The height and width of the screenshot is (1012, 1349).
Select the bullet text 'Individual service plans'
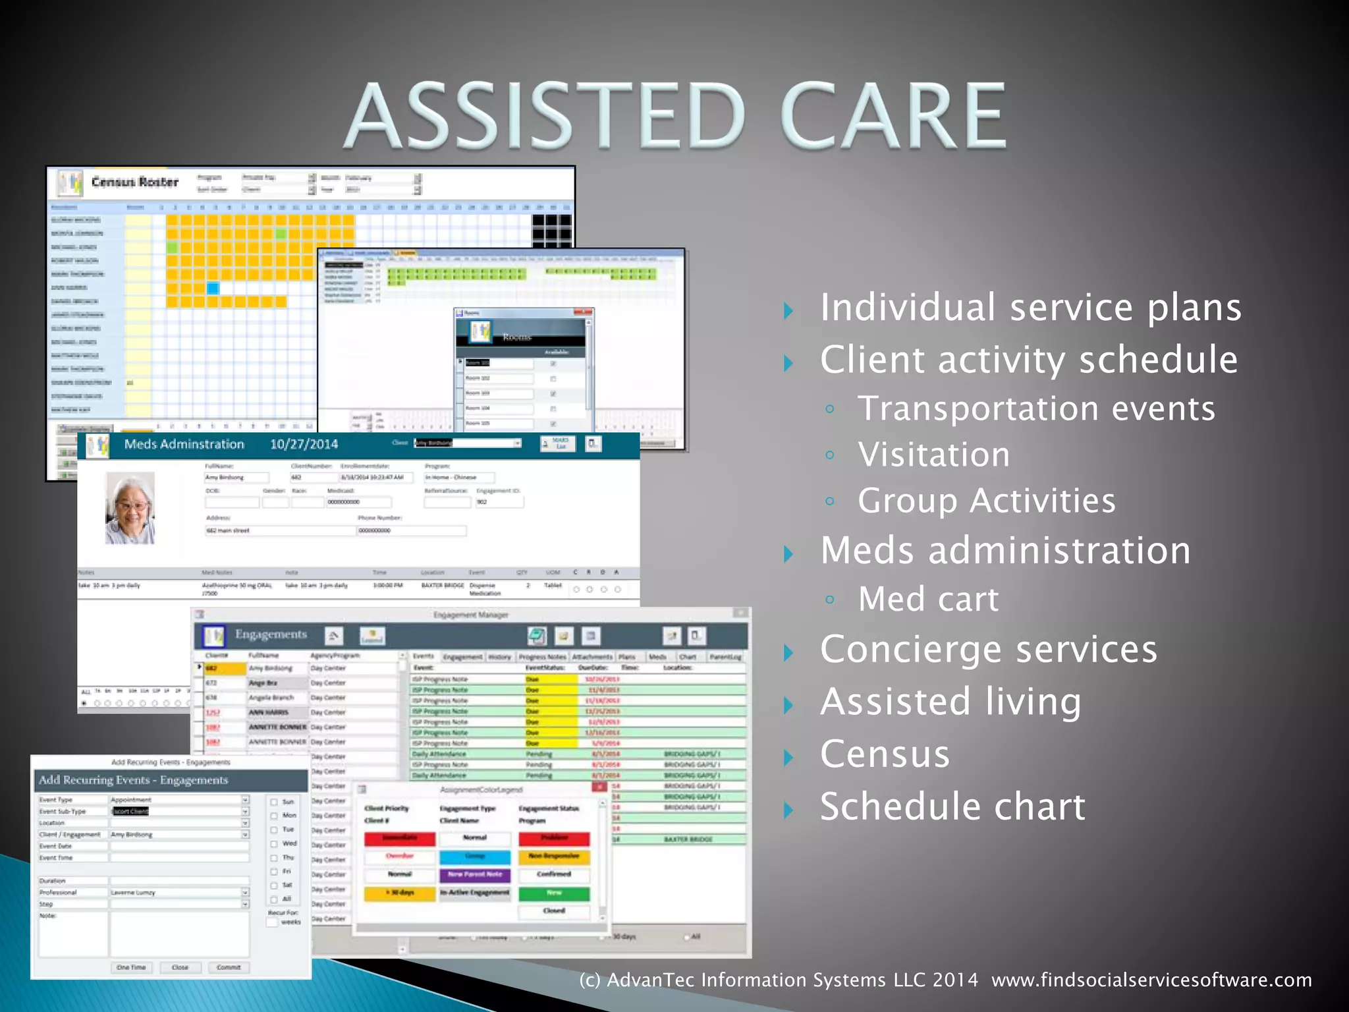[1030, 308]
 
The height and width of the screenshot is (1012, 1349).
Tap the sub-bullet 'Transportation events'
[1035, 408]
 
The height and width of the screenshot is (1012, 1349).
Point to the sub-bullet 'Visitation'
[933, 455]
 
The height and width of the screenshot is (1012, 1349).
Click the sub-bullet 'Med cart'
[928, 599]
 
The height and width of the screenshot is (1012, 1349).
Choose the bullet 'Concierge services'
[988, 649]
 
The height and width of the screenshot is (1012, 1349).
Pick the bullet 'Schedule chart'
[952, 806]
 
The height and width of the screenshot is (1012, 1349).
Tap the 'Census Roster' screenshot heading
[134, 182]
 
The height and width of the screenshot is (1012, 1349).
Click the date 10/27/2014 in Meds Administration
[304, 444]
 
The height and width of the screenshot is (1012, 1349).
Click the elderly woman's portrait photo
[130, 508]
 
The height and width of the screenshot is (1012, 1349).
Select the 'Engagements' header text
[271, 634]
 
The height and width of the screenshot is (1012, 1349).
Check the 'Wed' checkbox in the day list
[274, 844]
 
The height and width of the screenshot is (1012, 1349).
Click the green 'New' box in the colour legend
[554, 893]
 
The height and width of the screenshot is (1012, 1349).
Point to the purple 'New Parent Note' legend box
[475, 875]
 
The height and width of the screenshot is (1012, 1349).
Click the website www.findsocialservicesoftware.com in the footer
[1151, 980]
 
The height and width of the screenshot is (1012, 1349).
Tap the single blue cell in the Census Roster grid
[213, 288]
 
